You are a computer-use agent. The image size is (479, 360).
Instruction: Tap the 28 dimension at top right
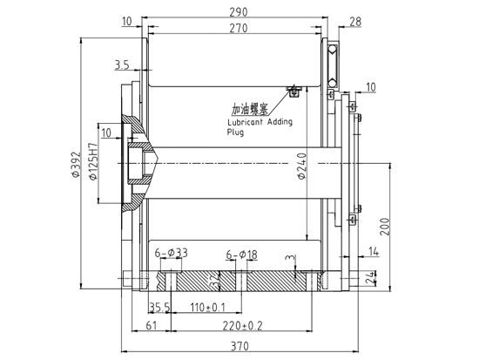pyautogui.click(x=354, y=20)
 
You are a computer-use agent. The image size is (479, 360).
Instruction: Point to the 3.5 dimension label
pyautogui.click(x=122, y=65)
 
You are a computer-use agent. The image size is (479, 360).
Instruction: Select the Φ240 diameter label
pyautogui.click(x=302, y=166)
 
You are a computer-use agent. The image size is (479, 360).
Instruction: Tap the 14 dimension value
pyautogui.click(x=374, y=252)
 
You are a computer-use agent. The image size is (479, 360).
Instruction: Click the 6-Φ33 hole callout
pyautogui.click(x=171, y=253)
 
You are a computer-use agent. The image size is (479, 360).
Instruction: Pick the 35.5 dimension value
pyautogui.click(x=159, y=308)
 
